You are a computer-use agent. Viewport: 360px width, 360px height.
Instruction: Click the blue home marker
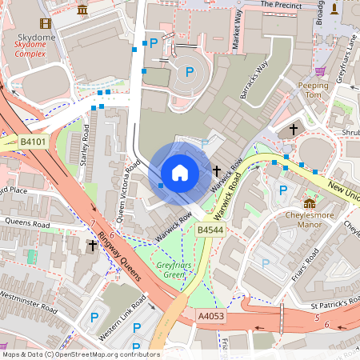pos(180,173)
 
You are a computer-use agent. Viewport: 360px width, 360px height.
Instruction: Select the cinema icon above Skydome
pos(45,24)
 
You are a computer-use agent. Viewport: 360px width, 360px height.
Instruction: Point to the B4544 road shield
pos(210,230)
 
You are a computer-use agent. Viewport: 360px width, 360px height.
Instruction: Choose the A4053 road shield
pos(210,317)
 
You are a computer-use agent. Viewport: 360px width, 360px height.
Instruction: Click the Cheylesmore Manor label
pos(310,220)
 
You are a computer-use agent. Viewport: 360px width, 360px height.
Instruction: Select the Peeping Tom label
pos(313,90)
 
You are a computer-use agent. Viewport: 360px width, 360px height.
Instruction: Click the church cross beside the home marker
pos(217,170)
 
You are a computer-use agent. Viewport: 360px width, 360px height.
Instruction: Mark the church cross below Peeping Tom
pos(294,128)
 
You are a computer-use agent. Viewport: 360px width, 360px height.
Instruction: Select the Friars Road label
pos(306,264)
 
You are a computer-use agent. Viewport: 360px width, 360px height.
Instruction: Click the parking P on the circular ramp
pos(190,72)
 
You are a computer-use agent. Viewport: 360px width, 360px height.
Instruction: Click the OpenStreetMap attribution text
pos(80,354)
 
